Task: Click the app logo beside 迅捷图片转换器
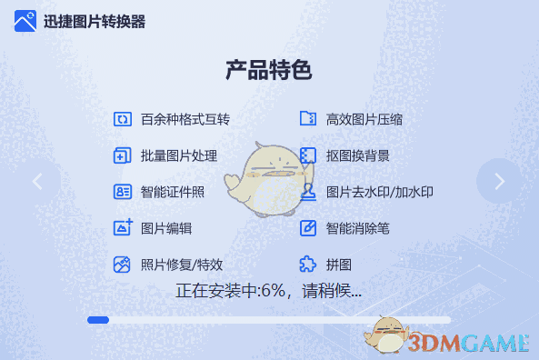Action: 25,21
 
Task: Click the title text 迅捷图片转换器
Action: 95,22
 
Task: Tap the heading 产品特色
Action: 269,70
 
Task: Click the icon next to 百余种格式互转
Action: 123,119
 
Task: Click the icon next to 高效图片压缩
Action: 308,119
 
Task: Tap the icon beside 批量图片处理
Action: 123,155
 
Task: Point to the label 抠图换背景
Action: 358,155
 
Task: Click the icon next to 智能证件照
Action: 123,192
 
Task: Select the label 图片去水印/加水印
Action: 380,192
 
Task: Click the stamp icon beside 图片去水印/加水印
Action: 308,192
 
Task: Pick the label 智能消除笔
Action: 358,228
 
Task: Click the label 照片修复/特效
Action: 182,265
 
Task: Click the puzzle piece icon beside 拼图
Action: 308,265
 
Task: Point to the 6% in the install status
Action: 272,292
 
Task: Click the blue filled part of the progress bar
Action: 98,320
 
